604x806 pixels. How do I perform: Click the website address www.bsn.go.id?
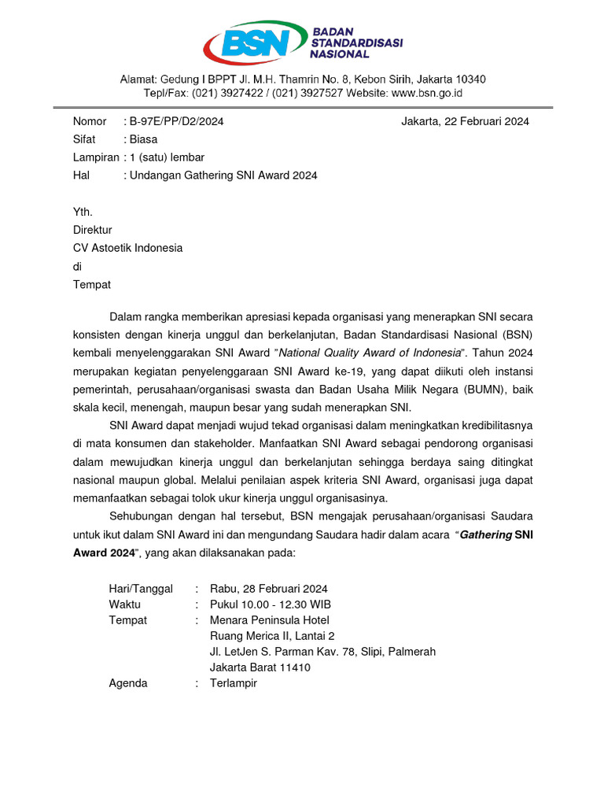[426, 93]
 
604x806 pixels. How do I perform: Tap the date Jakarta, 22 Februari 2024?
[465, 121]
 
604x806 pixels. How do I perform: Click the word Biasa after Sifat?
[144, 139]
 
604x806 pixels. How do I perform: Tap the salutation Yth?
[83, 212]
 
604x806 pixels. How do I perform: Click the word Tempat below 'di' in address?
[91, 284]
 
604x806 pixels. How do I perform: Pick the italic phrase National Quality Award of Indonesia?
[370, 353]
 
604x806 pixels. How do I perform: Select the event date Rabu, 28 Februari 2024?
[268, 589]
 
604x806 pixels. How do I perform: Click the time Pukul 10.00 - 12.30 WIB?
[270, 604]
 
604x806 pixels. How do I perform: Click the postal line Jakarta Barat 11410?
[260, 667]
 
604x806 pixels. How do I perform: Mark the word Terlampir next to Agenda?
[233, 683]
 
